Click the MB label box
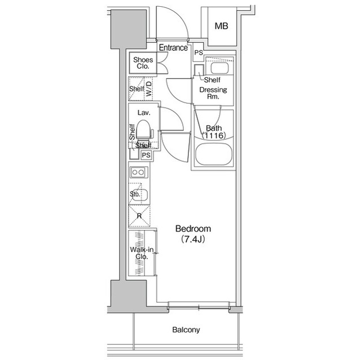point(221,26)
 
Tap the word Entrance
point(173,48)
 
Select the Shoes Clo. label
point(141,62)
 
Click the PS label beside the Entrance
point(198,52)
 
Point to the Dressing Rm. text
point(214,93)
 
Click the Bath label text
point(214,128)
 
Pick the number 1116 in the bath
point(214,136)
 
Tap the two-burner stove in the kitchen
point(138,172)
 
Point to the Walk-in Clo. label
point(139,253)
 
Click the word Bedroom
point(193,229)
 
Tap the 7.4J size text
point(193,239)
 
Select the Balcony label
point(186,330)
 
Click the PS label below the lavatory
point(146,155)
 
